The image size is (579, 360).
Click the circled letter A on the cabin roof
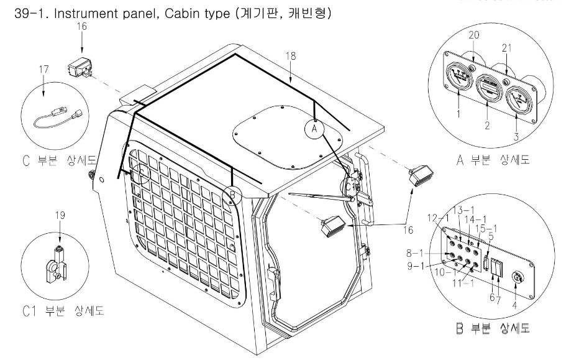314,129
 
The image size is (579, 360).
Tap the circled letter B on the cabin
232,195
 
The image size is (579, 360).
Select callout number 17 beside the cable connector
44,69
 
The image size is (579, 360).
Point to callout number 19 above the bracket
60,215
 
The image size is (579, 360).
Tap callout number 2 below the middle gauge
488,126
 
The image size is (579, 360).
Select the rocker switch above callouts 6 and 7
497,267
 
